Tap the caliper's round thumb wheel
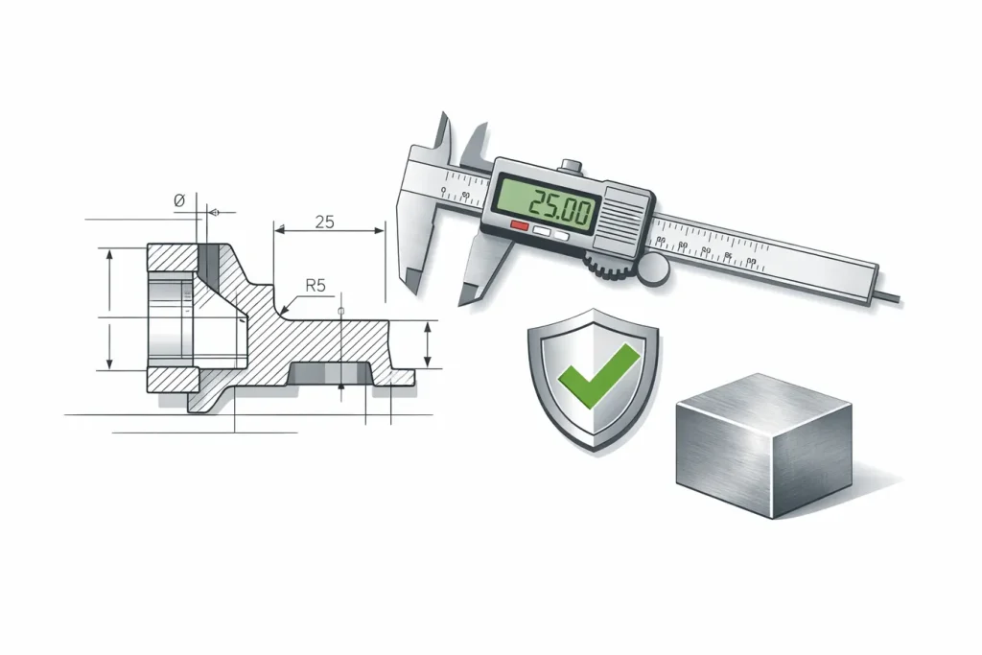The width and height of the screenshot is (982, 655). click(655, 269)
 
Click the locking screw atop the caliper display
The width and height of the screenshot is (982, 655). click(572, 165)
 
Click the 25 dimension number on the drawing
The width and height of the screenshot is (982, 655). click(324, 222)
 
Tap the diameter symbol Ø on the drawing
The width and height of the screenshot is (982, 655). click(178, 200)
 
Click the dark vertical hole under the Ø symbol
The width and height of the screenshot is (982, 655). click(210, 256)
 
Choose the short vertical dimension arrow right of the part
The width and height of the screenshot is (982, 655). click(428, 345)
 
